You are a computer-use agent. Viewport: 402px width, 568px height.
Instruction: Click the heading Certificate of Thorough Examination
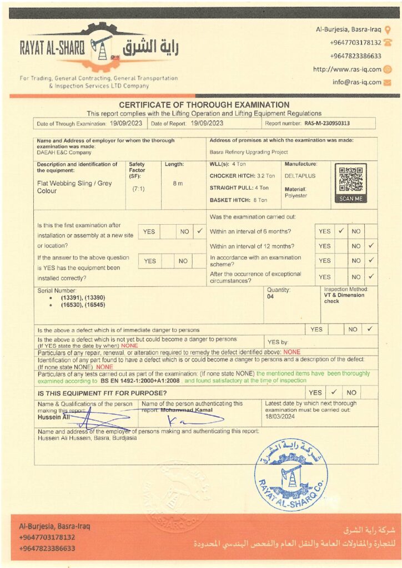(x=204, y=105)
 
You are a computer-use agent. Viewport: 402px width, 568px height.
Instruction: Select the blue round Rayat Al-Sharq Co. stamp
(x=291, y=474)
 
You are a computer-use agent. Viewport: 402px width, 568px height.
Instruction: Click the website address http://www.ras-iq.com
(x=347, y=69)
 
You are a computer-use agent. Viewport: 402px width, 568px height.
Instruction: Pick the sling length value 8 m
(x=177, y=184)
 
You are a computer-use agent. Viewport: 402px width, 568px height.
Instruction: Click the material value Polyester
(x=296, y=196)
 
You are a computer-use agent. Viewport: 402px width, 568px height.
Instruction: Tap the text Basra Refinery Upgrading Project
(x=249, y=151)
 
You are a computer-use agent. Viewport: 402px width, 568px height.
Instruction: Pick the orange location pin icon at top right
(x=388, y=30)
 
